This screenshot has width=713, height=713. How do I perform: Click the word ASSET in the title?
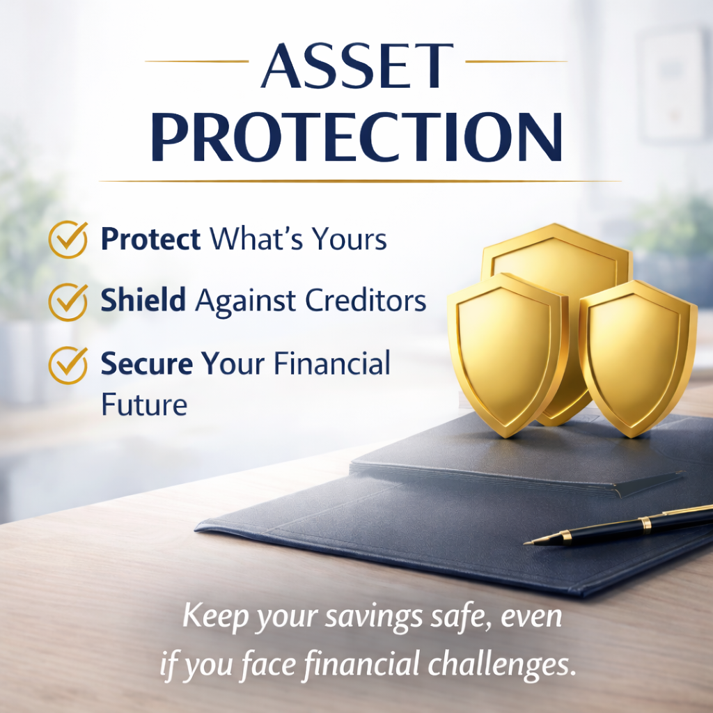coord(357,65)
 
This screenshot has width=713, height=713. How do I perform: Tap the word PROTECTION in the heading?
coord(357,137)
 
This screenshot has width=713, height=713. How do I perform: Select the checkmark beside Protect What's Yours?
coord(68,240)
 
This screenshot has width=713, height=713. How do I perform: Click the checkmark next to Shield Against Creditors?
coord(68,302)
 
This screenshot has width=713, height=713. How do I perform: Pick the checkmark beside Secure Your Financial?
coord(68,365)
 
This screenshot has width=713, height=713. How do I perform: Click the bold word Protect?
coord(150,239)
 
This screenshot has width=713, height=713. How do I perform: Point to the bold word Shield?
coord(143,300)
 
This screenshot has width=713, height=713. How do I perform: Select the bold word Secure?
coord(146,363)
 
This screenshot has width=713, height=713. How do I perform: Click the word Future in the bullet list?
coord(144,405)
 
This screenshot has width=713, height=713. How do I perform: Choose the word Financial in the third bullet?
coord(332,363)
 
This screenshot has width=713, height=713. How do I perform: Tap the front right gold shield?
coord(638,359)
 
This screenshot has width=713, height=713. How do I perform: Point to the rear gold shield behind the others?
coord(557,255)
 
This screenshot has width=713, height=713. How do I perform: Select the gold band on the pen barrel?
coord(645,525)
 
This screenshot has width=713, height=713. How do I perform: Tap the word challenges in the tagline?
coord(499,665)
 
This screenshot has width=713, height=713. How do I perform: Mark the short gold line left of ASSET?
coord(197,61)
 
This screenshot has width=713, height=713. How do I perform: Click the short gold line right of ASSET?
coord(517,61)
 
